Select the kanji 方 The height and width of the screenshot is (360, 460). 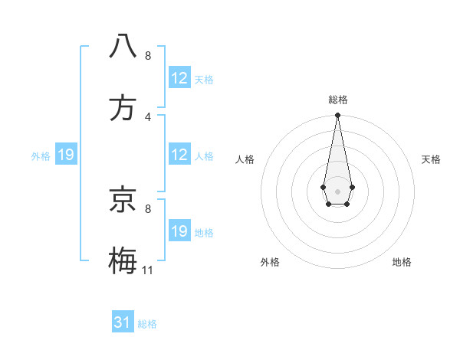[123, 108]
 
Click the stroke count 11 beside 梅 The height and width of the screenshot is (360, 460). [148, 270]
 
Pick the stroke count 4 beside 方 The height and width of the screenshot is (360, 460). [148, 116]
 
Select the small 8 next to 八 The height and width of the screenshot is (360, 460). [148, 55]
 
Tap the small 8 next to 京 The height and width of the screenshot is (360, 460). [148, 208]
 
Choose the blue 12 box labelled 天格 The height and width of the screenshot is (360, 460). [179, 78]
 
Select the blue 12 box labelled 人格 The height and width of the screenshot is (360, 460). [179, 155]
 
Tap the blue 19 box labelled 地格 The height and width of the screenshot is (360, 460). [179, 231]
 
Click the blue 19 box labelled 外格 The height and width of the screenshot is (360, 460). [66, 155]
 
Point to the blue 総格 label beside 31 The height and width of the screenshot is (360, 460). [147, 324]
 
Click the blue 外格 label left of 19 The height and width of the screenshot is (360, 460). [41, 155]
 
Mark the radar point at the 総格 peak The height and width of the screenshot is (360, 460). [337, 116]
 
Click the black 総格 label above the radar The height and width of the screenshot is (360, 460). [338, 100]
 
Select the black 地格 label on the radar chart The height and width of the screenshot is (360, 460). [402, 262]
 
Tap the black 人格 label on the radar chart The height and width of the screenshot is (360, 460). [245, 159]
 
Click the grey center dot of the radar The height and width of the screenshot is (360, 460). [337, 190]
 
